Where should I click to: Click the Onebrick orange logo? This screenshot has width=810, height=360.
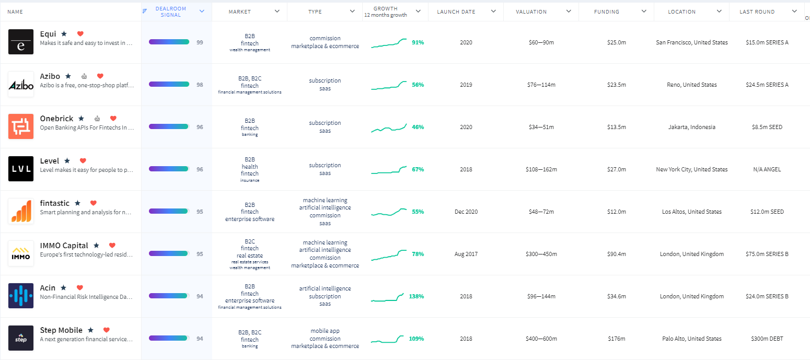[21, 126]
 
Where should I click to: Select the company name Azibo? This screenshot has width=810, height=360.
[50, 76]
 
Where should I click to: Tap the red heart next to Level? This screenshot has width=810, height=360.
[83, 161]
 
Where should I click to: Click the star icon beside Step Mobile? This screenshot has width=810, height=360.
[90, 330]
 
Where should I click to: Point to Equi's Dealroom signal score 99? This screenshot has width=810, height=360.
[200, 42]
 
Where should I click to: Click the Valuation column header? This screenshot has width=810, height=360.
[531, 11]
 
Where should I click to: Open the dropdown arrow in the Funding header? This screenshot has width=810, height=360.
[643, 11]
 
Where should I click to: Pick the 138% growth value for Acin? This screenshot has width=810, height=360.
[416, 296]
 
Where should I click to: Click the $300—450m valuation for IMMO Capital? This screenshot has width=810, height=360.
[541, 254]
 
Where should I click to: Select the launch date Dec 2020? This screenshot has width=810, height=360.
[466, 212]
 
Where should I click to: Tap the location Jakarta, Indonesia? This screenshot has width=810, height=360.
[691, 127]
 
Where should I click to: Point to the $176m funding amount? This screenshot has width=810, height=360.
[616, 339]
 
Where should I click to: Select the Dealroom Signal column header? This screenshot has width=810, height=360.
[170, 11]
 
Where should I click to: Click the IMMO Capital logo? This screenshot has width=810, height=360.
[21, 253]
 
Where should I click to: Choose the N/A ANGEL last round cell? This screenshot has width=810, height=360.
[767, 169]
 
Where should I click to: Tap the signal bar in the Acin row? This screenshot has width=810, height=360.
[169, 296]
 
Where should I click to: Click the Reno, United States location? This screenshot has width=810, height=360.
[691, 85]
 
